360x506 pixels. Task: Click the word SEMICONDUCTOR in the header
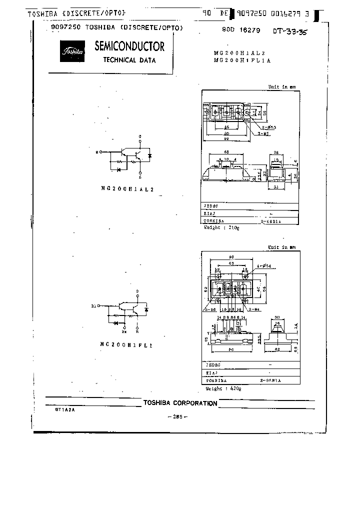coord(129,46)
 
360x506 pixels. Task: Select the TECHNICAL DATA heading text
coord(129,60)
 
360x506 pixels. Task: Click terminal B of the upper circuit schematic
coord(101,151)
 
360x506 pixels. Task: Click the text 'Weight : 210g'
coord(222,227)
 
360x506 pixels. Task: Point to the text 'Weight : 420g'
coord(223,388)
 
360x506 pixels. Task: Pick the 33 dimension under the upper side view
coord(276,187)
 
